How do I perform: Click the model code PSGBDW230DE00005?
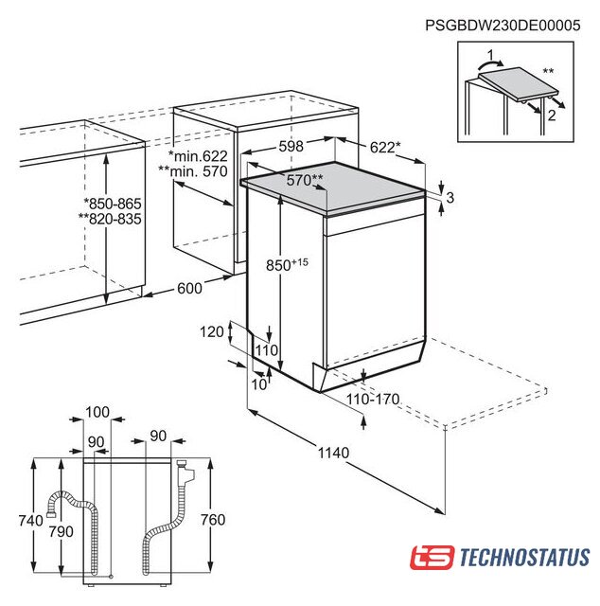point(503,26)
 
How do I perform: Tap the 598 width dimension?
point(291,146)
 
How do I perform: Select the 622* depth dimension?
point(385,148)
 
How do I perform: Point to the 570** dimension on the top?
point(305,180)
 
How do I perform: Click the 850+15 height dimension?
point(287,264)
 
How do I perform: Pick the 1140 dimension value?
point(333,453)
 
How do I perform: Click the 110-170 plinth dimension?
point(373,399)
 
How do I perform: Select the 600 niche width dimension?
point(189,288)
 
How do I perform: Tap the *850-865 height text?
point(113,204)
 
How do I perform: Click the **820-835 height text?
point(110,219)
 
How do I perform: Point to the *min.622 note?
point(198,155)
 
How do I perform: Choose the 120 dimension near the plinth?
point(212,331)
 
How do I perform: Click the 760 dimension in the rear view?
point(213,520)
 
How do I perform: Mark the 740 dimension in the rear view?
point(31,520)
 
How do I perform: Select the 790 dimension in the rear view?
point(62,532)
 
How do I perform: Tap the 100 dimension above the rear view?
point(97,412)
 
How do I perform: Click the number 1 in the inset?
point(490,56)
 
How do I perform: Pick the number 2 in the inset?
point(552,115)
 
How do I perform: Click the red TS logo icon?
point(432,558)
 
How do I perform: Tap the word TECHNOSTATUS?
point(524,558)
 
